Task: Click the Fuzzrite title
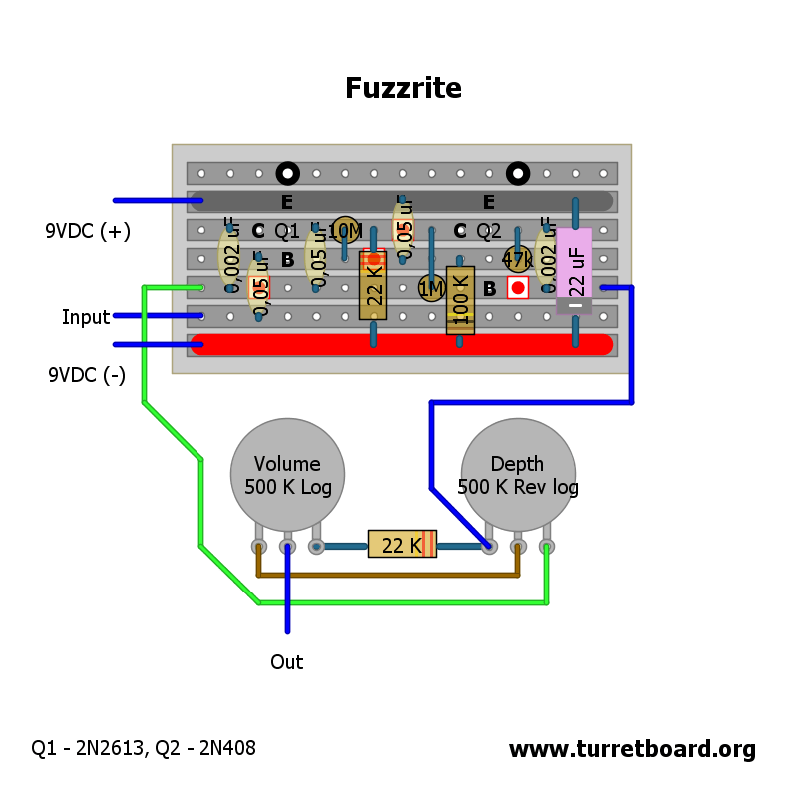tap(403, 88)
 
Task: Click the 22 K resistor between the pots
tap(402, 545)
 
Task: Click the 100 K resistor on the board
tap(460, 300)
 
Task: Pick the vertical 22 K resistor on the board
tap(373, 285)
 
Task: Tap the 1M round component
tap(431, 289)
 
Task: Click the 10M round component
tap(345, 230)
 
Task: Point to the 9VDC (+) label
tap(88, 231)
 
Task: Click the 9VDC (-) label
tap(88, 375)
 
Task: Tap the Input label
tap(86, 317)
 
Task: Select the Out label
tap(287, 662)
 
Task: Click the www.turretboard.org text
tap(631, 749)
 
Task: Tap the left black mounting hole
tap(288, 174)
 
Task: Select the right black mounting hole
tap(518, 174)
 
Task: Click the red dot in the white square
tap(517, 288)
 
